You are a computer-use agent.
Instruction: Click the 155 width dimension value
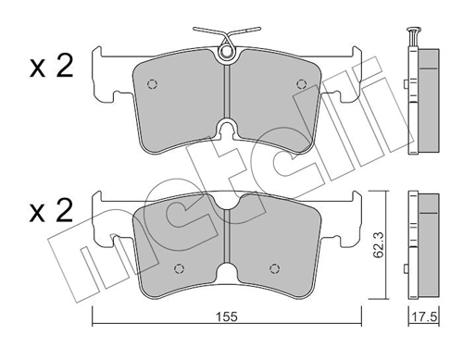tap(228, 317)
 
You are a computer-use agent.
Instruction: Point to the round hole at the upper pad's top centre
tap(227, 56)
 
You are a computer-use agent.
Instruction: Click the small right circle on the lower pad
tap(272, 269)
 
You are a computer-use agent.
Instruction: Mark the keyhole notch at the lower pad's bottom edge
tap(227, 277)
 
